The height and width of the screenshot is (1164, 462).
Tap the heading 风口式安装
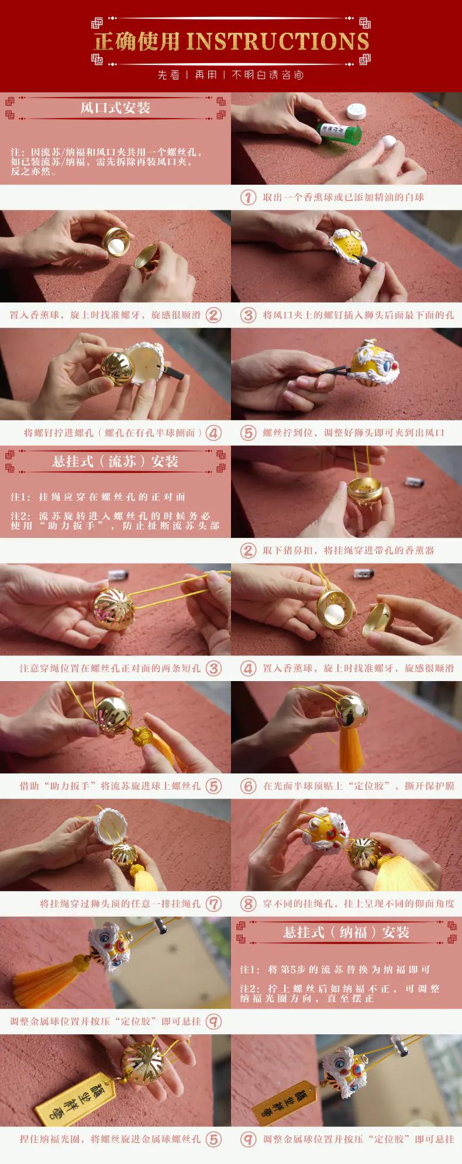[115, 108]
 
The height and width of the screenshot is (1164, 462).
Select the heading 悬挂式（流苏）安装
[115, 461]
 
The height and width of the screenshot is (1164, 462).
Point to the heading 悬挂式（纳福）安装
[346, 932]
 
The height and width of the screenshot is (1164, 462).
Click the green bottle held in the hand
[340, 127]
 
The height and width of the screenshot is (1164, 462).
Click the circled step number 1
[249, 197]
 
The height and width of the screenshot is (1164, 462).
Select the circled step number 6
[249, 786]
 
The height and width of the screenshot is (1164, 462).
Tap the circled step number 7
[214, 904]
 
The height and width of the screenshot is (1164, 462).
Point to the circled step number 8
[249, 904]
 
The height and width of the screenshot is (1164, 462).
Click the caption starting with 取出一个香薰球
[343, 197]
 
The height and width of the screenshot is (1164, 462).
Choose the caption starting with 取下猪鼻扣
[349, 550]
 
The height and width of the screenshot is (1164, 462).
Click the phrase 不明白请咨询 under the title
[268, 75]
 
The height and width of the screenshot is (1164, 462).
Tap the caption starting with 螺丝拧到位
[353, 433]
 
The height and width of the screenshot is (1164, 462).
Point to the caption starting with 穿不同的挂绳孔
[358, 904]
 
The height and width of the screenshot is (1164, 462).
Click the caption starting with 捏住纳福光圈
[110, 1139]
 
